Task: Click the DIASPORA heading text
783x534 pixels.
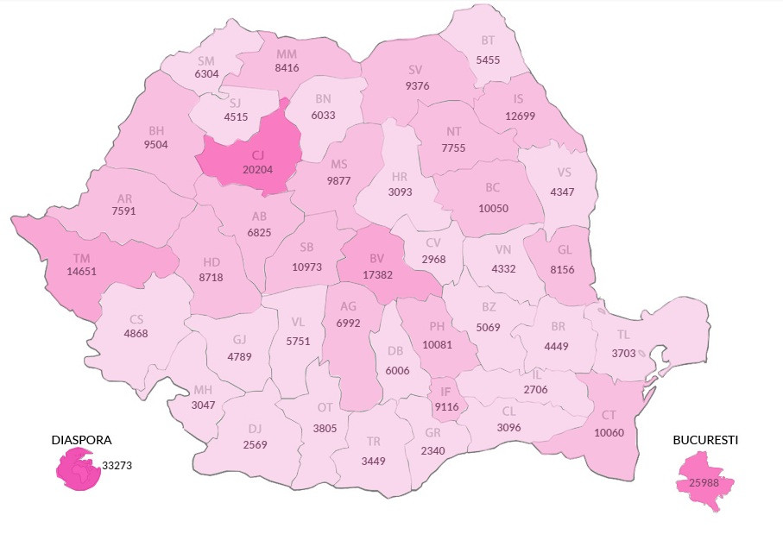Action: pos(81,440)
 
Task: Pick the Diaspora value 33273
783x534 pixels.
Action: pos(117,465)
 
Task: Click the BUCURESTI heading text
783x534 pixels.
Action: pos(705,440)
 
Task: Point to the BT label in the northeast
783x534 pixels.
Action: pos(488,40)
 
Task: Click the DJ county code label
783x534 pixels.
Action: pos(256,428)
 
